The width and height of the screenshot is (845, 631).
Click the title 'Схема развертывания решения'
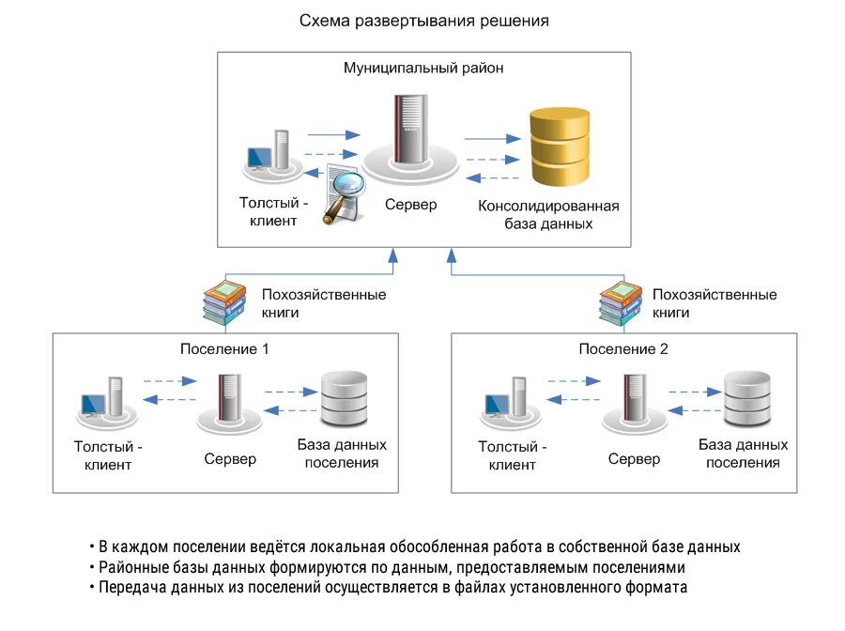pos(423,20)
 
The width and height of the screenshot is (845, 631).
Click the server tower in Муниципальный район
pos(409,131)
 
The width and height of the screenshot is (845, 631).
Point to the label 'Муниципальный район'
pos(423,69)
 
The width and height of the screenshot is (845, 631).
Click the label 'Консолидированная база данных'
pos(549,215)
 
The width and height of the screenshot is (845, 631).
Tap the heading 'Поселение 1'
pos(224,349)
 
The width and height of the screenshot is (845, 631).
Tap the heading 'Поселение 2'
pos(623,349)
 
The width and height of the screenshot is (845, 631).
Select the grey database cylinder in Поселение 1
pos(343,398)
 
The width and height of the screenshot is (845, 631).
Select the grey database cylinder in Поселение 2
pos(746,398)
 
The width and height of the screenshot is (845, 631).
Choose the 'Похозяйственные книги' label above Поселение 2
pos(714,302)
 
